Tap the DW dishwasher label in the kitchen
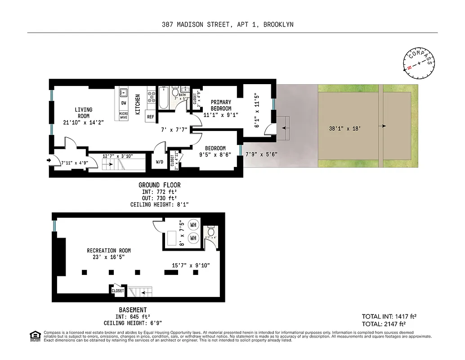123,103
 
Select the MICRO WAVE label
123,116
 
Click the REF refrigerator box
150,117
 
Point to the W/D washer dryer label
159,162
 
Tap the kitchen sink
123,93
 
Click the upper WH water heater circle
193,225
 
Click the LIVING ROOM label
83,112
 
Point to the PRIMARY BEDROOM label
221,105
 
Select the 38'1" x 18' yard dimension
345,128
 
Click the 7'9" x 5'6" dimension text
261,154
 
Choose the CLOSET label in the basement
117,291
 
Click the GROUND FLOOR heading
159,185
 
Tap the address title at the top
228,25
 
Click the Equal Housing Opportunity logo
34,335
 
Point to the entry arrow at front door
48,159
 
